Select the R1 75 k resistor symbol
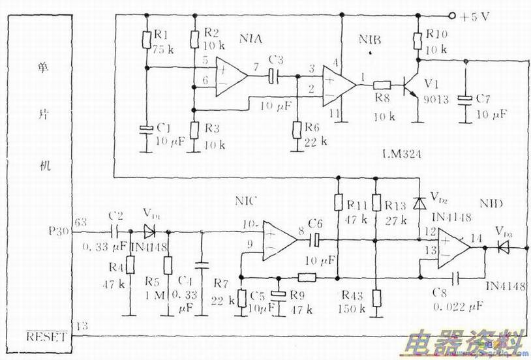(x=145, y=40)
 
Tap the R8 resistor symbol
(x=382, y=85)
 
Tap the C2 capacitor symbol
(x=115, y=231)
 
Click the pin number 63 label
(x=81, y=222)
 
